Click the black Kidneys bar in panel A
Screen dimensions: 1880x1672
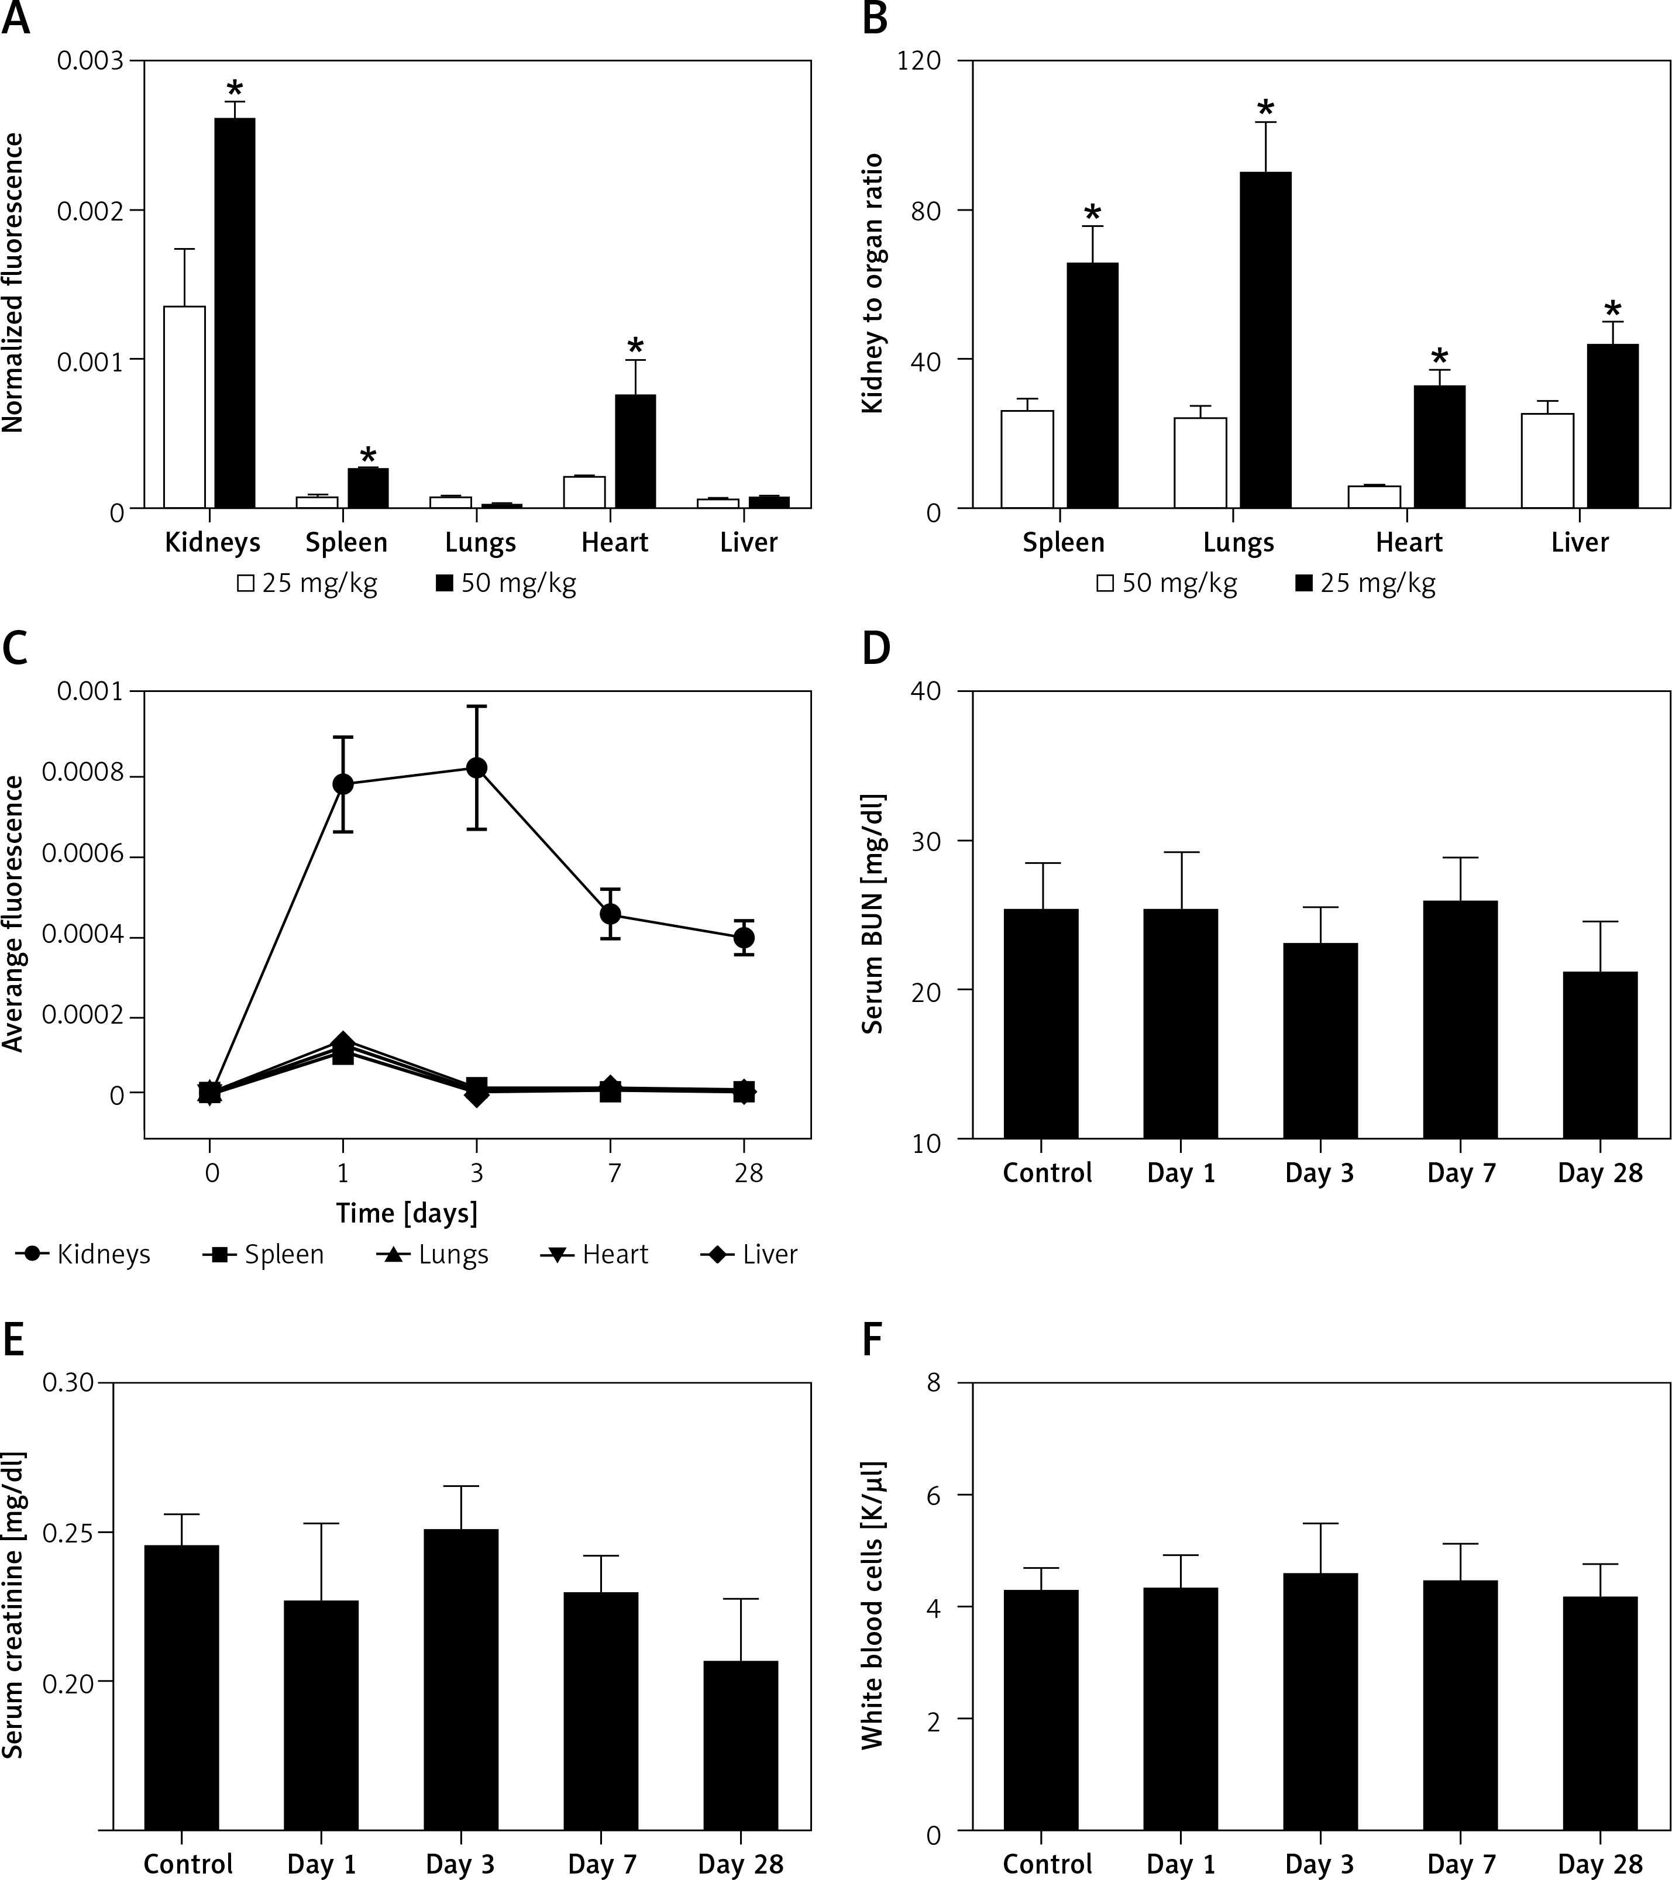pyautogui.click(x=235, y=313)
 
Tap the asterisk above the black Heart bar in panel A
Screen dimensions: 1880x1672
pyautogui.click(x=635, y=347)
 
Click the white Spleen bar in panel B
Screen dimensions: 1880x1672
pyautogui.click(x=1027, y=459)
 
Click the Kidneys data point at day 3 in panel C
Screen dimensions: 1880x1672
pyautogui.click(x=476, y=767)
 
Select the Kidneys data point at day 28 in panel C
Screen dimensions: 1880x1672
pyautogui.click(x=744, y=937)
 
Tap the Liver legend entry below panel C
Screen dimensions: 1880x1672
pyautogui.click(x=749, y=1255)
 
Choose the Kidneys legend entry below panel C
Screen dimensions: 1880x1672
pyautogui.click(x=85, y=1255)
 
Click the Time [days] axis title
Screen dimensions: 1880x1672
pyautogui.click(x=407, y=1213)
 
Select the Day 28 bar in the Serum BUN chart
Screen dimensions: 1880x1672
pyautogui.click(x=1599, y=1055)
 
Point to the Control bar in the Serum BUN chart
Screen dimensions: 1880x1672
pyautogui.click(x=1041, y=1024)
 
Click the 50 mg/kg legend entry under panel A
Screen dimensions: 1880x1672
pyautogui.click(x=506, y=583)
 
